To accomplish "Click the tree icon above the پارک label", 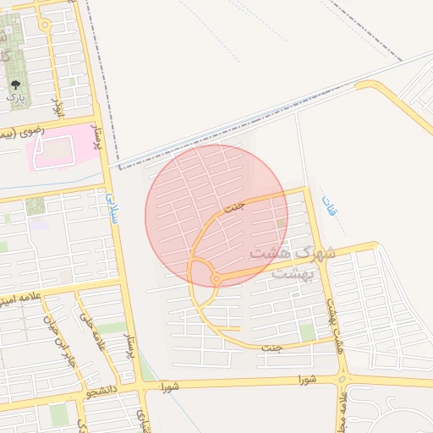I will click(x=15, y=85).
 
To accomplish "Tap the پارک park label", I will click(x=15, y=98).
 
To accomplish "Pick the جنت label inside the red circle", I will click(x=234, y=206).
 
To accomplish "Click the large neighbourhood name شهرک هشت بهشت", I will click(x=293, y=262).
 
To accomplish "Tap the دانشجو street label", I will click(x=100, y=391).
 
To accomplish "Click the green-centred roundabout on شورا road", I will click(x=343, y=379).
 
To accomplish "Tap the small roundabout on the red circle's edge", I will click(x=216, y=278).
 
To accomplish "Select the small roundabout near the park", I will click(x=43, y=25).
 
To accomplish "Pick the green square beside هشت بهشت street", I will click(x=307, y=333).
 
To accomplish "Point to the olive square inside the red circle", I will click(x=281, y=222).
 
